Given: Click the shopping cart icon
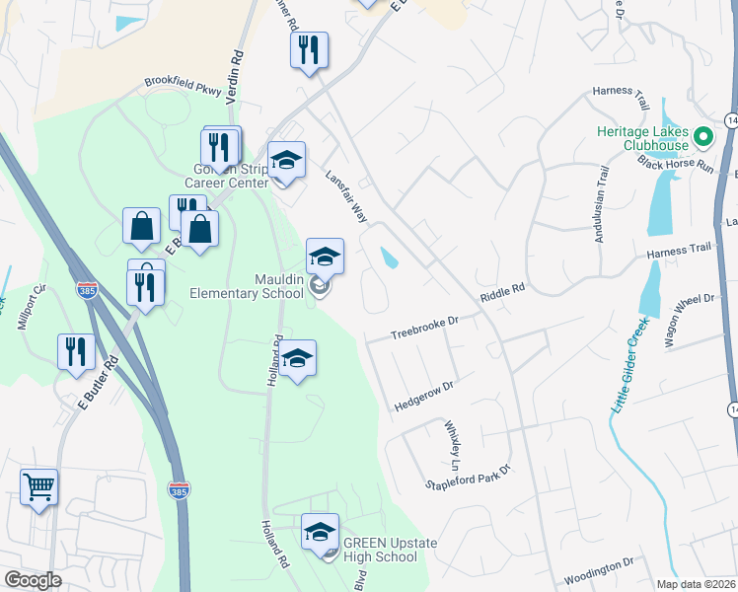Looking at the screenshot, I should (x=38, y=486).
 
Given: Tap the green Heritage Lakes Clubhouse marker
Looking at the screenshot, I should (x=704, y=136).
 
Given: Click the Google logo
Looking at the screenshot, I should (x=33, y=580).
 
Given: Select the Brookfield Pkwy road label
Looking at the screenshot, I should (x=183, y=86).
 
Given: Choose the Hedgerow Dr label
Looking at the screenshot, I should (x=423, y=397).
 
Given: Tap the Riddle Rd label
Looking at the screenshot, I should (x=502, y=294).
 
